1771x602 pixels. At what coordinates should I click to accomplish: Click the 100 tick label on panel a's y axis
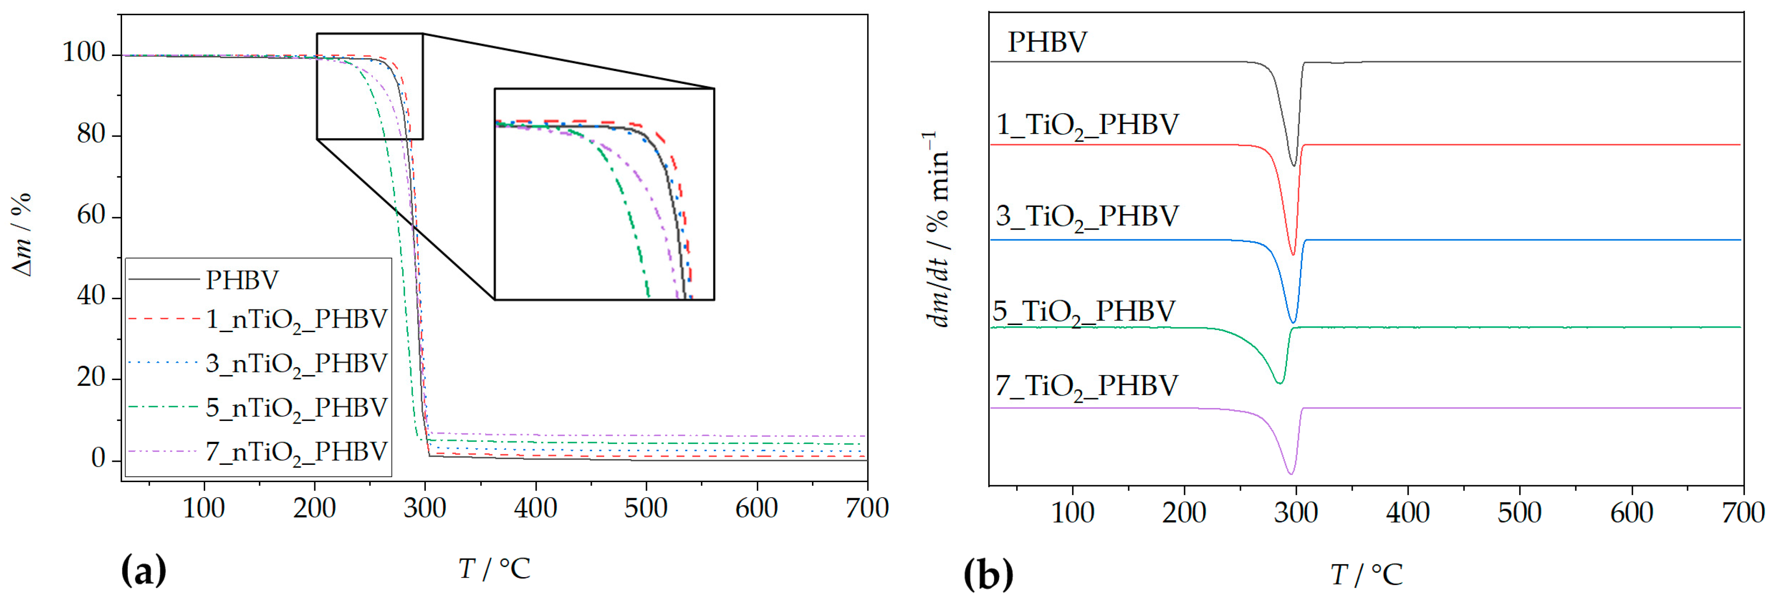84,53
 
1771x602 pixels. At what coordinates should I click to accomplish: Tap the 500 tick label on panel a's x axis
646,508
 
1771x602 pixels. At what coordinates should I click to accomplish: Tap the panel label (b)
988,574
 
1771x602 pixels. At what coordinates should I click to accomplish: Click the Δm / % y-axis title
22,235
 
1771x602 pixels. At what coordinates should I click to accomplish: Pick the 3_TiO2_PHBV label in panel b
1087,217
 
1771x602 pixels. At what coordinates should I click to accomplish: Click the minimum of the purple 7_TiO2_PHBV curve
1291,474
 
